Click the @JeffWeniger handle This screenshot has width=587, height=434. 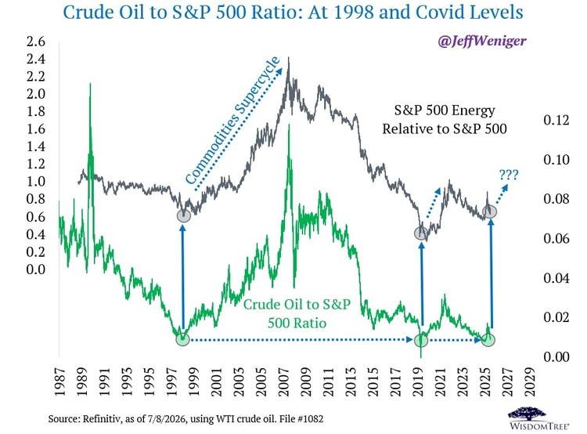click(x=481, y=41)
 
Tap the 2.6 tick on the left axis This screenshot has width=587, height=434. click(x=35, y=42)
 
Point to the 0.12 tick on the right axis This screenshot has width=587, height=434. click(x=556, y=120)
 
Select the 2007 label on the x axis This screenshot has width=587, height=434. click(x=283, y=382)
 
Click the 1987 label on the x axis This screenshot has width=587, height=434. click(x=59, y=382)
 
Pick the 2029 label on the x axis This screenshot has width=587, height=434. click(x=529, y=382)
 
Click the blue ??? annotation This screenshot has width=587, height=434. click(x=509, y=175)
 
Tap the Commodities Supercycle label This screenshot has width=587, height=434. click(x=232, y=121)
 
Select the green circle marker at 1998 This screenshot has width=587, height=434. click(x=182, y=339)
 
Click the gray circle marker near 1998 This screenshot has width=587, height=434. click(x=183, y=215)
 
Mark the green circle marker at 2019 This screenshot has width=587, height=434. click(x=421, y=340)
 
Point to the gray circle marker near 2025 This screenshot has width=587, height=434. click(x=490, y=212)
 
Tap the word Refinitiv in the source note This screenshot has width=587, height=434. click(x=102, y=418)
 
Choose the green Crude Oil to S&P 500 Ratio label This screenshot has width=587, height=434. click(x=297, y=313)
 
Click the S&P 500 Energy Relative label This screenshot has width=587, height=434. click(x=445, y=120)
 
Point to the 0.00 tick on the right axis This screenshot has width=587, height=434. click(x=556, y=356)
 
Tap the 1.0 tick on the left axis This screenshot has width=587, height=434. click(x=35, y=182)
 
